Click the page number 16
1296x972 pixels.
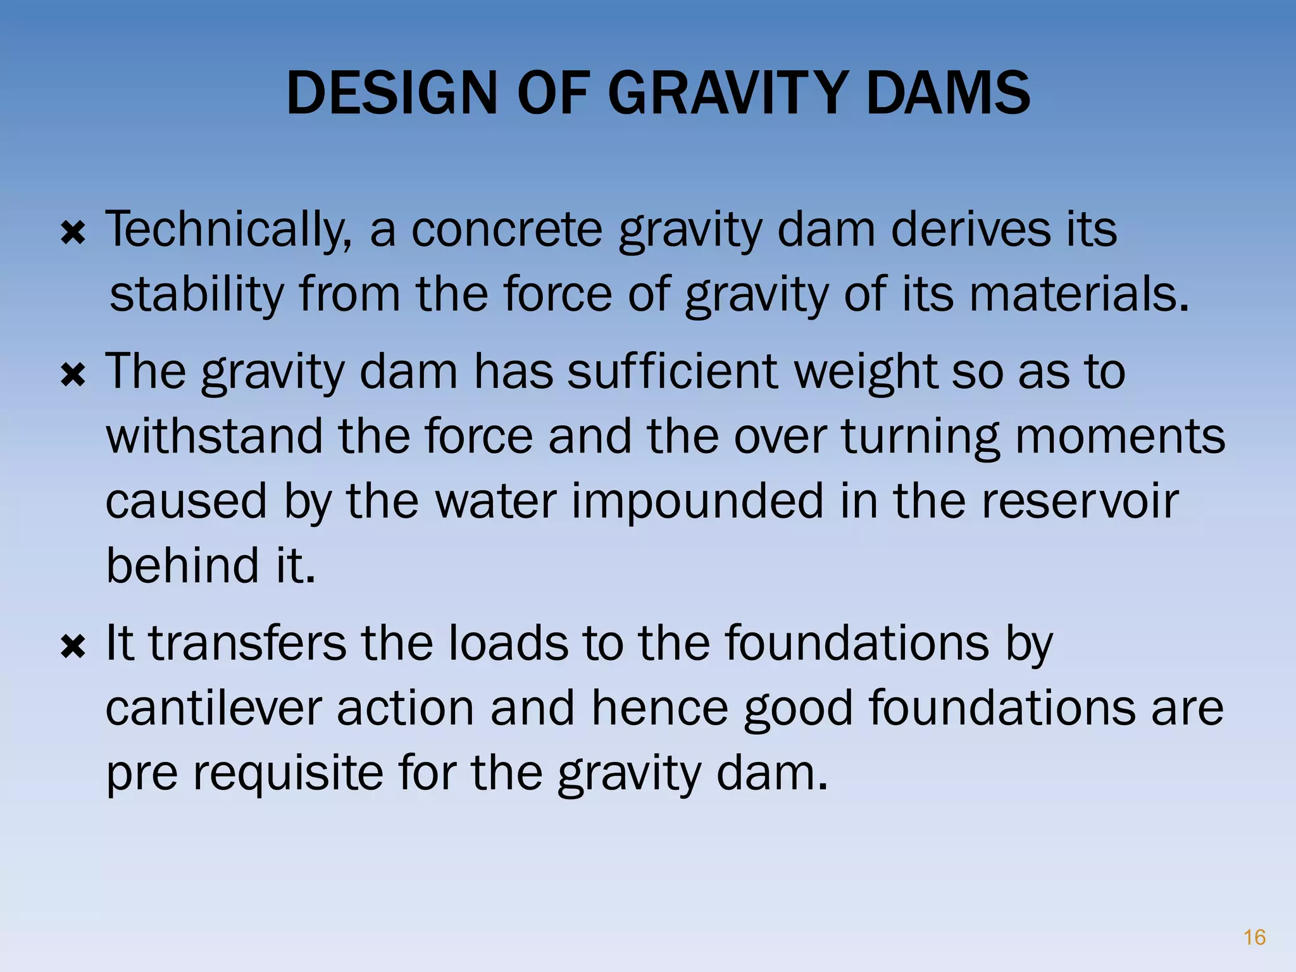pos(1254,937)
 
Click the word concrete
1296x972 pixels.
pos(506,230)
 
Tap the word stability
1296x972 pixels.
pos(197,296)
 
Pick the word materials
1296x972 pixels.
pos(1078,295)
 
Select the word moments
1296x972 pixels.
pos(1120,437)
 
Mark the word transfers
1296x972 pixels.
pos(247,643)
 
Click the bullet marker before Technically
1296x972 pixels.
pos(73,235)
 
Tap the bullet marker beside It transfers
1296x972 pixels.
pos(73,648)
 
